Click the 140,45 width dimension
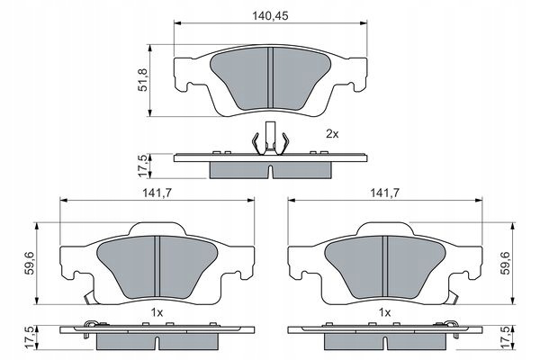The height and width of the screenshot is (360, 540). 270,16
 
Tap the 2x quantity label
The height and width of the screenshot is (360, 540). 332,134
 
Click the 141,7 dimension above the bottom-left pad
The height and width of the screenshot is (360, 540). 157,193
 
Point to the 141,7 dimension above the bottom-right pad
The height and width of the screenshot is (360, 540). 384,193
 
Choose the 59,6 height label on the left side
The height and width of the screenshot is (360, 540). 31,263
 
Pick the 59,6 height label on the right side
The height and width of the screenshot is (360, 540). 506,263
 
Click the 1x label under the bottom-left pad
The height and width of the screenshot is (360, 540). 157,313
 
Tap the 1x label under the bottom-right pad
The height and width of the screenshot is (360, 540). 384,313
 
